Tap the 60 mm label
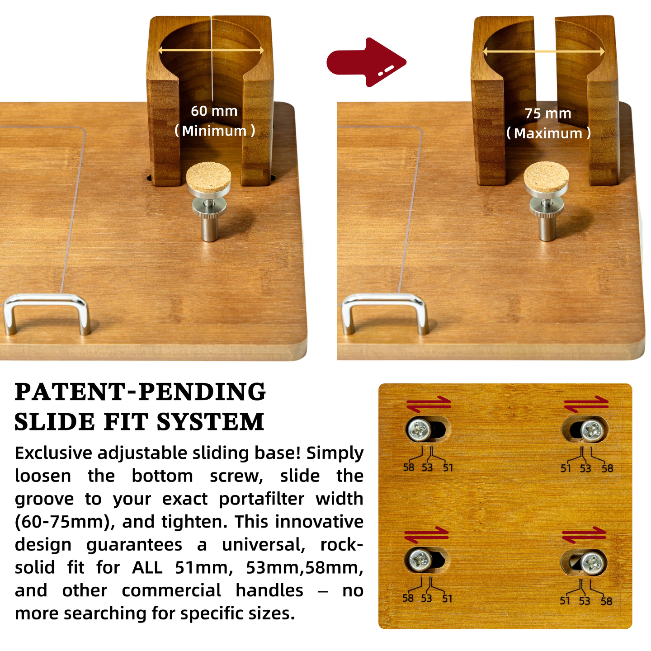coord(214,111)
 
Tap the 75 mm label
coord(548,113)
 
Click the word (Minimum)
coord(215,131)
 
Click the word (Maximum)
coord(548,133)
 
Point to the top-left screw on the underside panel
coord(418,430)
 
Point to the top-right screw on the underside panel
coord(590,430)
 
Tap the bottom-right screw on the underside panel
coord(592,563)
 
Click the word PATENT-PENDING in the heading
coord(140,392)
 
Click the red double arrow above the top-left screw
coord(428,404)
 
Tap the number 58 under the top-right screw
coord(607,469)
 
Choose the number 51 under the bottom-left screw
coord(447,599)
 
